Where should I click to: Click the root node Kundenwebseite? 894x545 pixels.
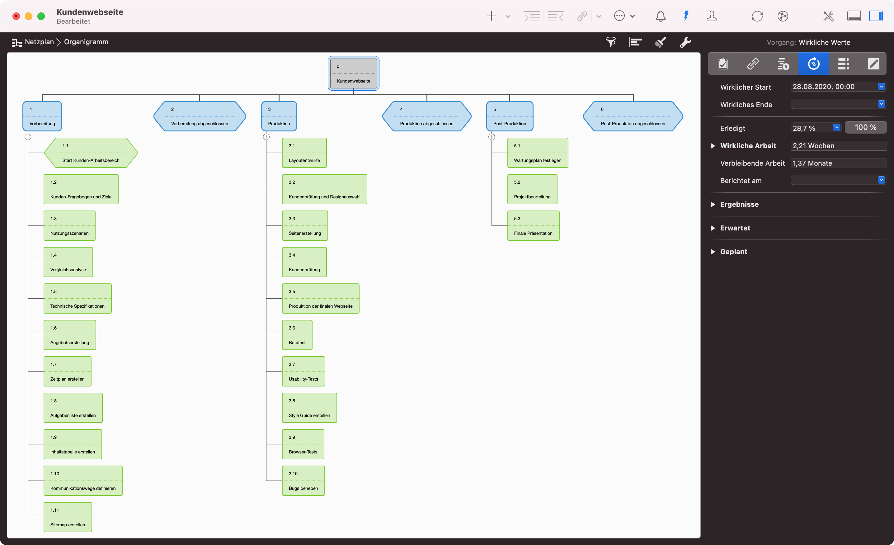353,73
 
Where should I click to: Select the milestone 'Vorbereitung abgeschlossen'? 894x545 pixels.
200,116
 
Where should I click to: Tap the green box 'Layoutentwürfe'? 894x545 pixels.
304,153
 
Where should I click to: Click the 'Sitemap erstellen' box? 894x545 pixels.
68,517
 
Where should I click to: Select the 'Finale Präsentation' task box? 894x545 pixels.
533,225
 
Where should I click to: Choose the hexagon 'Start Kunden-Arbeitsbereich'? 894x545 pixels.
91,153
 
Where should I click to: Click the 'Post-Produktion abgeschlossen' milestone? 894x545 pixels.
633,116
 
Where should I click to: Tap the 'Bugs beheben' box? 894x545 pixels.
303,481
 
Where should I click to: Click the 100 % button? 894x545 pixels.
865,127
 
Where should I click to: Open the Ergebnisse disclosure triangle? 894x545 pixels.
713,204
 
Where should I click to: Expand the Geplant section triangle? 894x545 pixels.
713,252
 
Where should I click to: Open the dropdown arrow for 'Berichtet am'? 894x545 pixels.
881,180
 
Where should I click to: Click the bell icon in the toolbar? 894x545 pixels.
660,16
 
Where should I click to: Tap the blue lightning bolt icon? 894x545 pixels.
686,16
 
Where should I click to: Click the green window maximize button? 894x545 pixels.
41,16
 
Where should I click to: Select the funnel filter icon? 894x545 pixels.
611,42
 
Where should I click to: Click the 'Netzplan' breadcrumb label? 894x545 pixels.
39,42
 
